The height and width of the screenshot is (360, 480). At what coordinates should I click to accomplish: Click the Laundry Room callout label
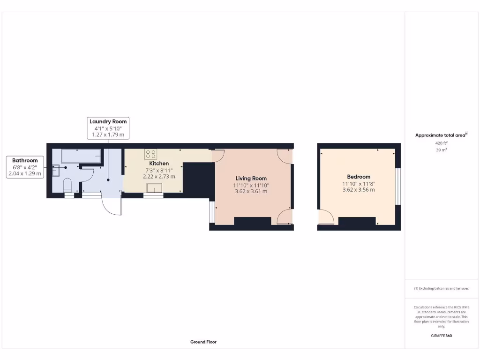[x=108, y=121]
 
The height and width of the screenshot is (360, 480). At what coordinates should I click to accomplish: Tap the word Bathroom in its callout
[x=25, y=160]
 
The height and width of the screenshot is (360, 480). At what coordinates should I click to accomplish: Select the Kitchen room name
[x=159, y=164]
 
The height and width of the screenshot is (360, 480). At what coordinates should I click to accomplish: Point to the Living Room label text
[x=251, y=178]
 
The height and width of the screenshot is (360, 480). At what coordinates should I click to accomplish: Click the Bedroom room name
[x=359, y=177]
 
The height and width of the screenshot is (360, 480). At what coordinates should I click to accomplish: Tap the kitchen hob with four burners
[x=150, y=154]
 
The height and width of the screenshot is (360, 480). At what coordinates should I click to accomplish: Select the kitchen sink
[x=154, y=188]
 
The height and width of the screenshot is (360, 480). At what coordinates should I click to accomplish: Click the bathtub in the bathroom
[x=81, y=156]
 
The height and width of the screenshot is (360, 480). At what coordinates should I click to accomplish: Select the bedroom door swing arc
[x=326, y=217]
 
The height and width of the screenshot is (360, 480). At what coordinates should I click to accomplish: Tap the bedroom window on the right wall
[x=398, y=187]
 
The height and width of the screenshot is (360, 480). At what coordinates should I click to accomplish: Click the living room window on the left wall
[x=211, y=212]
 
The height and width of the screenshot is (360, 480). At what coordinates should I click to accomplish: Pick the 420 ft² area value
[x=441, y=142]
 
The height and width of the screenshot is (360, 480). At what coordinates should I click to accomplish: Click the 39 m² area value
[x=441, y=150]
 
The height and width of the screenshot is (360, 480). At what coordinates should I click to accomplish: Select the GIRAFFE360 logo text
[x=441, y=336]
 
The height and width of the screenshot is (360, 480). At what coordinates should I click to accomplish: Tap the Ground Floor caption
[x=203, y=342]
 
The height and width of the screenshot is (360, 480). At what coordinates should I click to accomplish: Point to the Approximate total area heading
[x=441, y=135]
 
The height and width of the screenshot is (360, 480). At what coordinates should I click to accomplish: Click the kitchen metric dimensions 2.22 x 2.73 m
[x=159, y=177]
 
